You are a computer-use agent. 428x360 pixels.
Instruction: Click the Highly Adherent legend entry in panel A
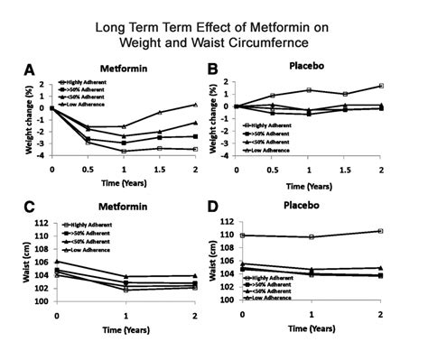click(88, 82)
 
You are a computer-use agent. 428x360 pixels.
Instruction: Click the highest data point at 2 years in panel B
click(381, 86)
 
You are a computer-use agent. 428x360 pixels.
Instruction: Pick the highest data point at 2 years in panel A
click(195, 105)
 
